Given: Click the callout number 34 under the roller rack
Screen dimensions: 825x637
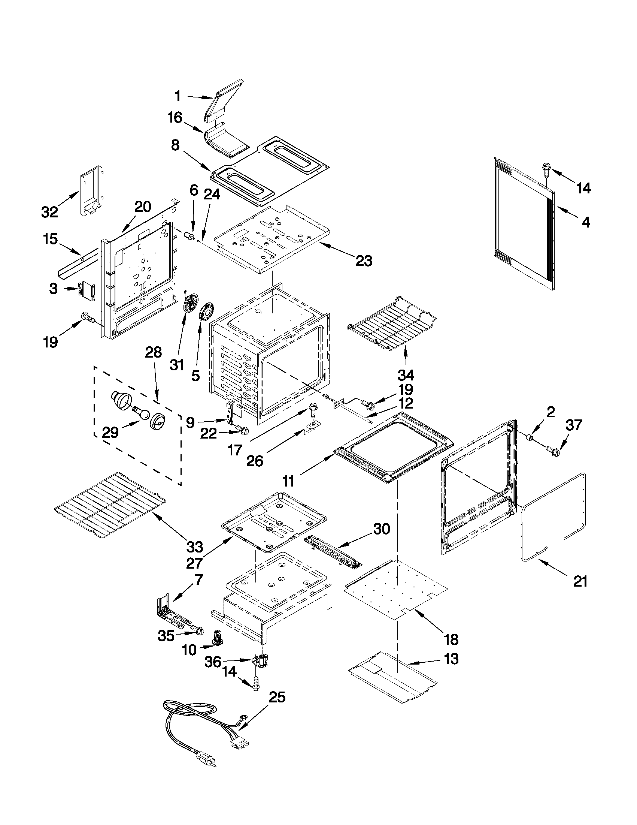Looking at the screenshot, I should coord(406,375).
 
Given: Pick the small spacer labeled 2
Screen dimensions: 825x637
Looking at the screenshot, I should coord(530,438).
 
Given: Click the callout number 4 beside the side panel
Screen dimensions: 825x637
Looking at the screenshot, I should coord(585,223).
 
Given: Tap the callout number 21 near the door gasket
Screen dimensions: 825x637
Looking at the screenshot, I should coord(580,581).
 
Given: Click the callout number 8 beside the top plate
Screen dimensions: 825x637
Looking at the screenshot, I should coord(176,145).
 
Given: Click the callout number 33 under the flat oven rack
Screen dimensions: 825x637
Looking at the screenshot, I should coord(194,547).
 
